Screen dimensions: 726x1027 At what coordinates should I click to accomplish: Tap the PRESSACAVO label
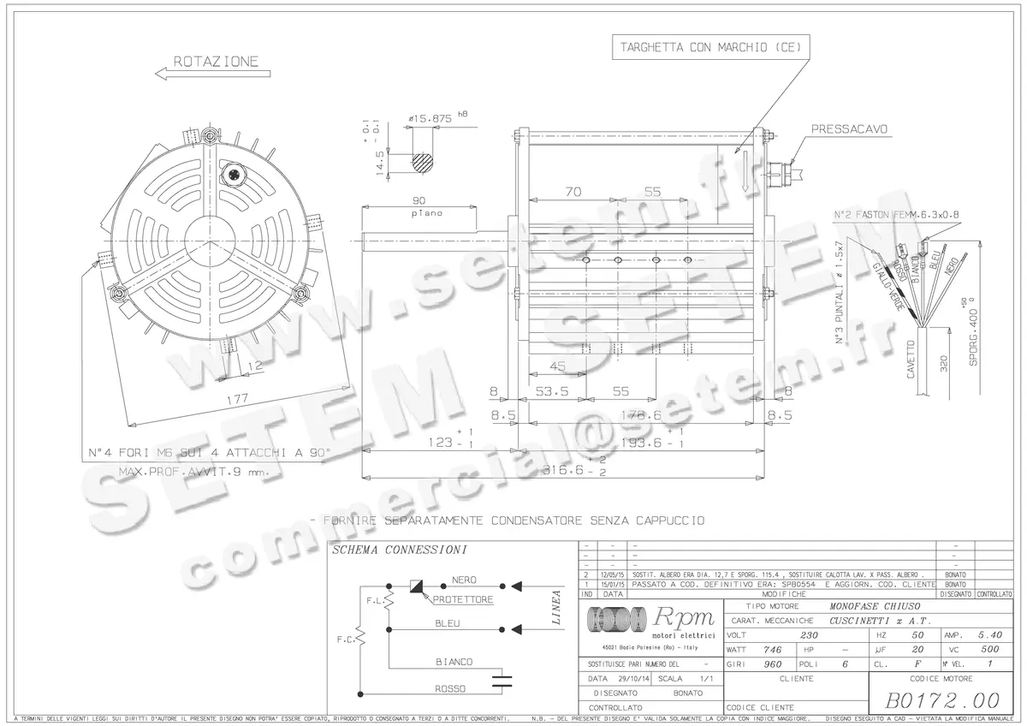pyautogui.click(x=848, y=129)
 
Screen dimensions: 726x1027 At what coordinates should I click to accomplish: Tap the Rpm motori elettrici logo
pyautogui.click(x=650, y=622)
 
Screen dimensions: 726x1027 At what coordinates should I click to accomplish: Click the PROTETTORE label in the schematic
pyautogui.click(x=463, y=600)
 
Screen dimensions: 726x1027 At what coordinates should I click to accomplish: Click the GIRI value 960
pyautogui.click(x=772, y=664)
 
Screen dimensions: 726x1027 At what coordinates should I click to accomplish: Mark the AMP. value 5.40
pyautogui.click(x=988, y=635)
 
